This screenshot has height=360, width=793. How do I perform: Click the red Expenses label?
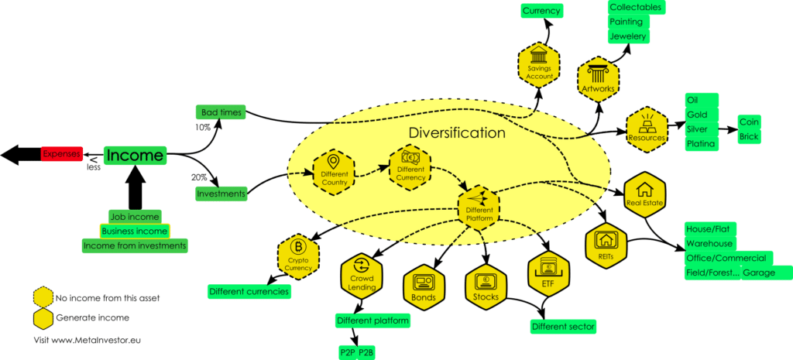pyautogui.click(x=60, y=154)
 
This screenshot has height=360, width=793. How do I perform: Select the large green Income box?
pyautogui.click(x=135, y=156)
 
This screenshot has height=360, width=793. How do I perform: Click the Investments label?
pyautogui.click(x=221, y=193)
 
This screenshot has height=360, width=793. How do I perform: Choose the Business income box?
pyautogui.click(x=135, y=231)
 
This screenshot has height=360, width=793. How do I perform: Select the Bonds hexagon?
pyautogui.click(x=424, y=286)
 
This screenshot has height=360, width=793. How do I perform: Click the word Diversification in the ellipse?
pyautogui.click(x=457, y=132)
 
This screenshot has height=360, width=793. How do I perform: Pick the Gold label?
pyautogui.click(x=697, y=115)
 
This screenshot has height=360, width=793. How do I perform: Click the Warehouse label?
pyautogui.click(x=709, y=243)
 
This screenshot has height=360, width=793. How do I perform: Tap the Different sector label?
pyautogui.click(x=563, y=326)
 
